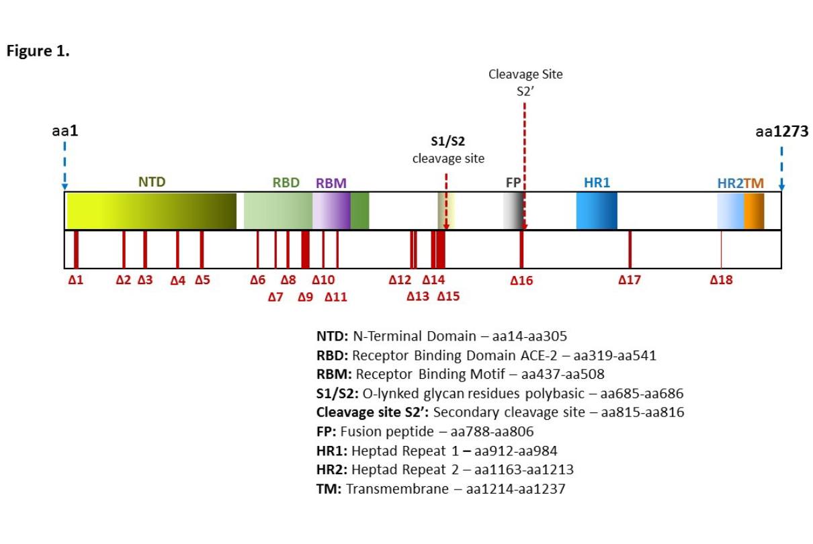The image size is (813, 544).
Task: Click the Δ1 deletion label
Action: (76, 280)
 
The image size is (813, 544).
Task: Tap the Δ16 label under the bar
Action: (521, 281)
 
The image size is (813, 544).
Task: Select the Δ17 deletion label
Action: (630, 280)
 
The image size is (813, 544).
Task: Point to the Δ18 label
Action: (721, 280)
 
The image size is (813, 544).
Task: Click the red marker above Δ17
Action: (630, 248)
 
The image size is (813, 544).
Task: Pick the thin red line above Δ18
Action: (721, 248)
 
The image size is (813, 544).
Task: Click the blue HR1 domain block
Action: (597, 211)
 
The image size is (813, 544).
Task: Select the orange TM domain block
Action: (754, 211)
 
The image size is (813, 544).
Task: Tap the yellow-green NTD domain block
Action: (151, 211)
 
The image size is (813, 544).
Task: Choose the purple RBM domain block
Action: (331, 211)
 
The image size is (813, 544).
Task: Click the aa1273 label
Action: (781, 132)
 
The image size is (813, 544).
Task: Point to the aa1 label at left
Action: (65, 132)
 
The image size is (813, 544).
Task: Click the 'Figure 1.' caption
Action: (38, 52)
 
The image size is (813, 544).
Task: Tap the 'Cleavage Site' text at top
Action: (525, 75)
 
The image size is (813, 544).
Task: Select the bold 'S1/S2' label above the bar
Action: (447, 142)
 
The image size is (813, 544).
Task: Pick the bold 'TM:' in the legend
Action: (329, 489)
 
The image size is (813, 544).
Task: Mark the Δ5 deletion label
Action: (202, 280)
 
